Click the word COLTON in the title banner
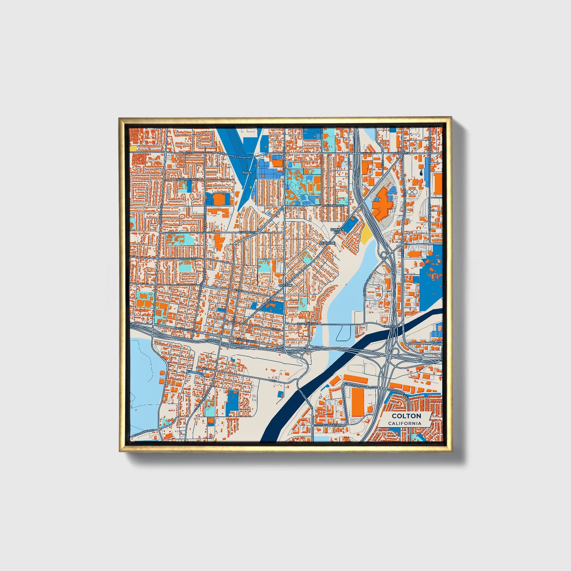406,416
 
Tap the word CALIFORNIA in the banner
404,423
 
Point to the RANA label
247,173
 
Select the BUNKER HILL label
337,231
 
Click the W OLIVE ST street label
188,259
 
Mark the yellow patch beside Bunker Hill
366,236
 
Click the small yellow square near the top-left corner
134,148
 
